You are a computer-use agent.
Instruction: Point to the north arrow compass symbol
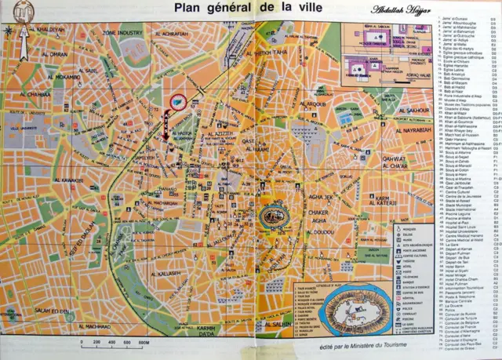click(x=9, y=31)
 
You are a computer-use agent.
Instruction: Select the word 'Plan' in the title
click(x=177, y=9)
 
